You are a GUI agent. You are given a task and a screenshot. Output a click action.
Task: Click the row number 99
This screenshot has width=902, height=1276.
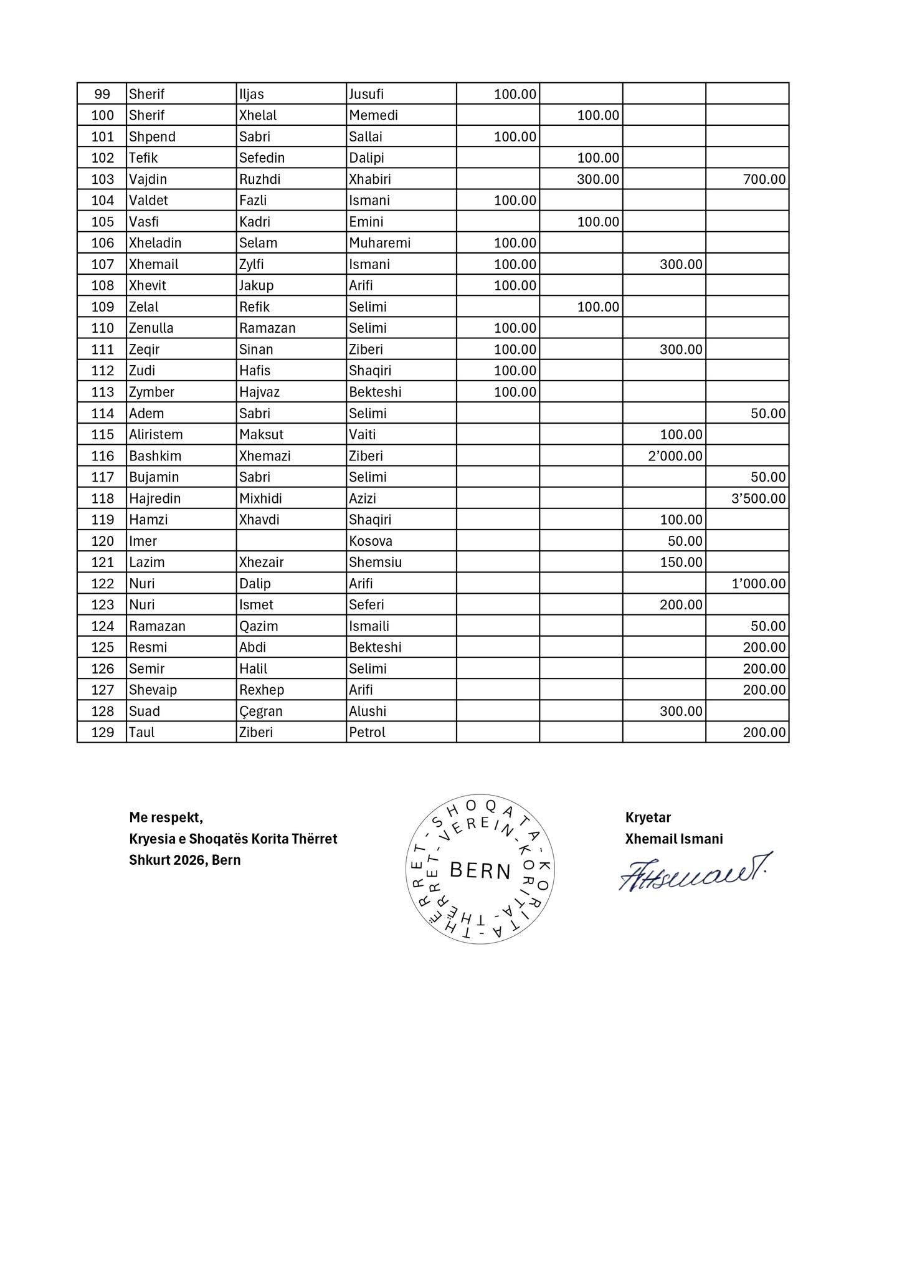tap(102, 94)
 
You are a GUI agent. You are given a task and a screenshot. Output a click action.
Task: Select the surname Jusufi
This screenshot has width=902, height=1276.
tap(366, 94)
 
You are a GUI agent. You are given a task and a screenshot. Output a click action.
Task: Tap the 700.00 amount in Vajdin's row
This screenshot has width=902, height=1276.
tap(764, 179)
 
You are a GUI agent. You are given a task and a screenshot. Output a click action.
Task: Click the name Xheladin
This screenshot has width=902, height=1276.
tap(155, 243)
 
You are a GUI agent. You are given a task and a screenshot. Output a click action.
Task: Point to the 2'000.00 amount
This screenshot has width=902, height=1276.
tap(675, 456)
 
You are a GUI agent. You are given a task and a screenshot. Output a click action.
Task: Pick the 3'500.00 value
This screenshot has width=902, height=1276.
tap(758, 498)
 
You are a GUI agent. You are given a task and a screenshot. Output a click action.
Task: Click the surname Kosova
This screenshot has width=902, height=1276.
tap(371, 541)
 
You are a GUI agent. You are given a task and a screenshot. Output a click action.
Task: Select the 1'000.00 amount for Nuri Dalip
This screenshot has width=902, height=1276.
tap(758, 584)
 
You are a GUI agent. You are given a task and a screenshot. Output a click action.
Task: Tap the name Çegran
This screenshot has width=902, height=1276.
tap(261, 712)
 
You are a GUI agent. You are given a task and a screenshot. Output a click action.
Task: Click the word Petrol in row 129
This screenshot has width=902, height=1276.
tap(367, 733)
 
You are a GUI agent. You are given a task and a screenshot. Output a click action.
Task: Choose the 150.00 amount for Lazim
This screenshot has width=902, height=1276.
tap(681, 562)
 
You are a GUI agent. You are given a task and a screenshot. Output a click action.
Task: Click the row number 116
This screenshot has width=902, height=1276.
tap(103, 456)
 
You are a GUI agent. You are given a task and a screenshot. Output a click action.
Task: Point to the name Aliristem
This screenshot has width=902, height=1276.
tap(156, 435)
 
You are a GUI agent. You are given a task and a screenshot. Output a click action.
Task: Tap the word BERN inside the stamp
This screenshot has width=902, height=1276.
tap(480, 870)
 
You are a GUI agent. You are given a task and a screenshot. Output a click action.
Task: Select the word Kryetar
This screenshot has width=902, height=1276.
tap(648, 817)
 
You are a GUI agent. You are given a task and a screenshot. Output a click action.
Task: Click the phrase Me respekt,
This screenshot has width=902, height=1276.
tap(166, 817)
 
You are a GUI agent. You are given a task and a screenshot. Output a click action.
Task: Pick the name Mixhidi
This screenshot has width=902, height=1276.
tap(260, 498)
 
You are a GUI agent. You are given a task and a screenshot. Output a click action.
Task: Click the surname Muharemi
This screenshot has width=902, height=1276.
tap(379, 243)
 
